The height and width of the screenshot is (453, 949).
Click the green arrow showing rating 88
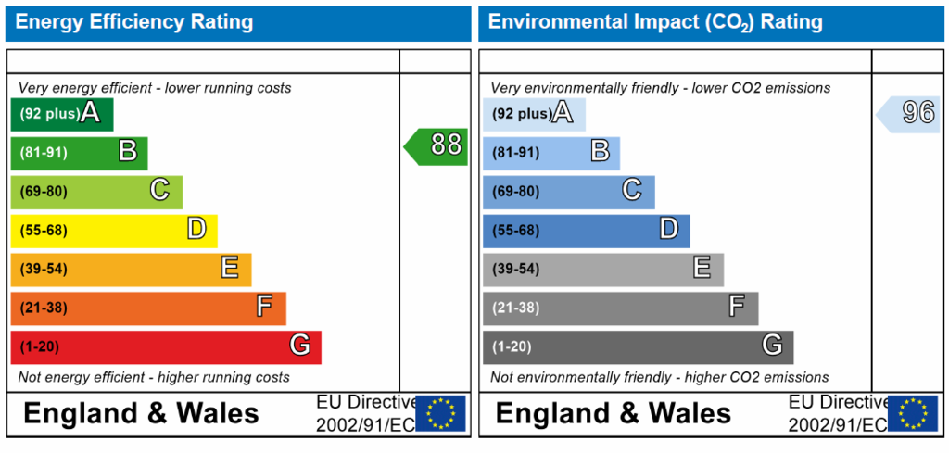click(x=436, y=146)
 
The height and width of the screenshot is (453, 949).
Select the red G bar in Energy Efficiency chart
click(x=166, y=347)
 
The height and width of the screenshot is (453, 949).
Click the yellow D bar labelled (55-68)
click(x=114, y=231)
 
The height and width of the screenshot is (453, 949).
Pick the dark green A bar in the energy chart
click(x=62, y=114)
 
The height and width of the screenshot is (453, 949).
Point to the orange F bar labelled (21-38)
click(x=148, y=308)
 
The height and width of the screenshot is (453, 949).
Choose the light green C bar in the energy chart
click(x=96, y=192)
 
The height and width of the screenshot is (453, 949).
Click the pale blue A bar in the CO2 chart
click(x=534, y=114)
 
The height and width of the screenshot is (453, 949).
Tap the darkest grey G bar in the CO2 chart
click(x=638, y=347)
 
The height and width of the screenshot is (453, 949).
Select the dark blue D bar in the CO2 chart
click(x=586, y=231)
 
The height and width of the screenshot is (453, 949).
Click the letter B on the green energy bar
click(x=128, y=151)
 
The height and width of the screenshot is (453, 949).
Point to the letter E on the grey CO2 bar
click(x=702, y=268)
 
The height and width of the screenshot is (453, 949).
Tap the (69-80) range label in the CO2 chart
click(x=515, y=192)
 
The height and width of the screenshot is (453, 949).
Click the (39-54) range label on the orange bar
click(x=43, y=269)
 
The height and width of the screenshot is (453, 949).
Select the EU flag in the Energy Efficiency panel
click(x=440, y=413)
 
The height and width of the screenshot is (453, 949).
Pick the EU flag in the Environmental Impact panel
click(x=913, y=413)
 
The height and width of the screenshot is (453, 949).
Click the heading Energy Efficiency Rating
click(x=133, y=22)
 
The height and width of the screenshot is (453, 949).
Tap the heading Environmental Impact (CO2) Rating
click(x=655, y=23)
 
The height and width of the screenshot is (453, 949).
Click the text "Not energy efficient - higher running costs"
click(x=154, y=378)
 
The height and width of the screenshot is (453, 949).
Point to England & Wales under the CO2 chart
click(x=614, y=414)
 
